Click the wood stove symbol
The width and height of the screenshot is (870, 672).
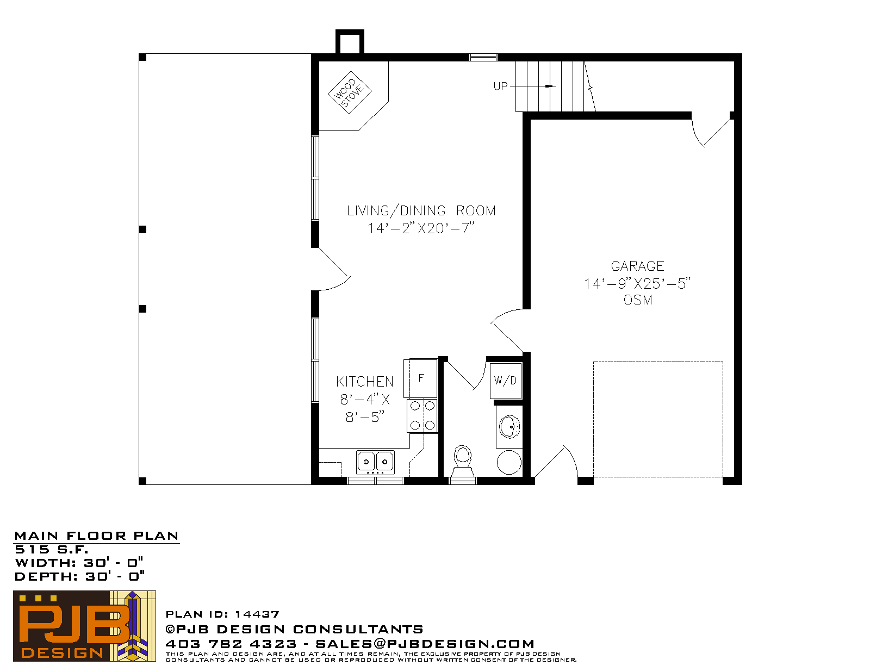pyautogui.click(x=350, y=92)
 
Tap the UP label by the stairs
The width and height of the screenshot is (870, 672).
pyautogui.click(x=500, y=86)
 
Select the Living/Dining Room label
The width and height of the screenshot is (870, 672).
pyautogui.click(x=421, y=210)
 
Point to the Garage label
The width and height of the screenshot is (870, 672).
pyautogui.click(x=637, y=266)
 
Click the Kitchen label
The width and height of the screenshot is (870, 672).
pyautogui.click(x=365, y=382)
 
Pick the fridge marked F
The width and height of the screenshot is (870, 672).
pyautogui.click(x=421, y=377)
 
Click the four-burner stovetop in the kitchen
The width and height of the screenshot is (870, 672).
pyautogui.click(x=422, y=415)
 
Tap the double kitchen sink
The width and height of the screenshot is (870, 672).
pyautogui.click(x=375, y=462)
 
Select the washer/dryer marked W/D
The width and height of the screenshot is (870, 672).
pyautogui.click(x=506, y=381)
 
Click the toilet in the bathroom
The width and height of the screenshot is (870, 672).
pyautogui.click(x=463, y=462)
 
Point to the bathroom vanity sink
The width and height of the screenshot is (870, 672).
pyautogui.click(x=509, y=427)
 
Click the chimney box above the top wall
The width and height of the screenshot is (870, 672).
pyautogui.click(x=350, y=42)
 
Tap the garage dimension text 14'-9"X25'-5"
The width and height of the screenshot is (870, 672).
pyautogui.click(x=637, y=284)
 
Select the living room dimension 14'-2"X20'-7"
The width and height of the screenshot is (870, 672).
pyautogui.click(x=421, y=228)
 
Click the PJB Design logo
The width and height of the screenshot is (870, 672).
pyautogui.click(x=84, y=626)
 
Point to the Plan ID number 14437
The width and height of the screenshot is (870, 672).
pyautogui.click(x=257, y=614)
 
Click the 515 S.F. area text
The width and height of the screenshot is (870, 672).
pyautogui.click(x=51, y=550)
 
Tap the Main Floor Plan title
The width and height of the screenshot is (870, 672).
pyautogui.click(x=96, y=536)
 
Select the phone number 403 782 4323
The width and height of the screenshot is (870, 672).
pyautogui.click(x=231, y=644)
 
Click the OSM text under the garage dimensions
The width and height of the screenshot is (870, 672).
pyautogui.click(x=638, y=300)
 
